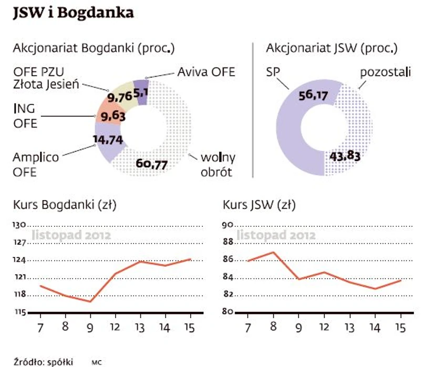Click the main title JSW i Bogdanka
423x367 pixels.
point(74,13)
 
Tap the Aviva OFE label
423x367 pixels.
point(206,71)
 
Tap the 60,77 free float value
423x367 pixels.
point(152,165)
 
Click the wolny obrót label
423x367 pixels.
point(218,164)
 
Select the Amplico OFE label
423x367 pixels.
point(35,164)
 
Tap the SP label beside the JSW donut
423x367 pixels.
point(274,71)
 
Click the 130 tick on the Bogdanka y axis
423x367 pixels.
point(19,224)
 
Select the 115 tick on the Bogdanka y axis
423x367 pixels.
point(19,312)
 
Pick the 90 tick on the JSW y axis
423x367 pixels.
point(227,224)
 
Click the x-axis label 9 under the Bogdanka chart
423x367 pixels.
point(90,328)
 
